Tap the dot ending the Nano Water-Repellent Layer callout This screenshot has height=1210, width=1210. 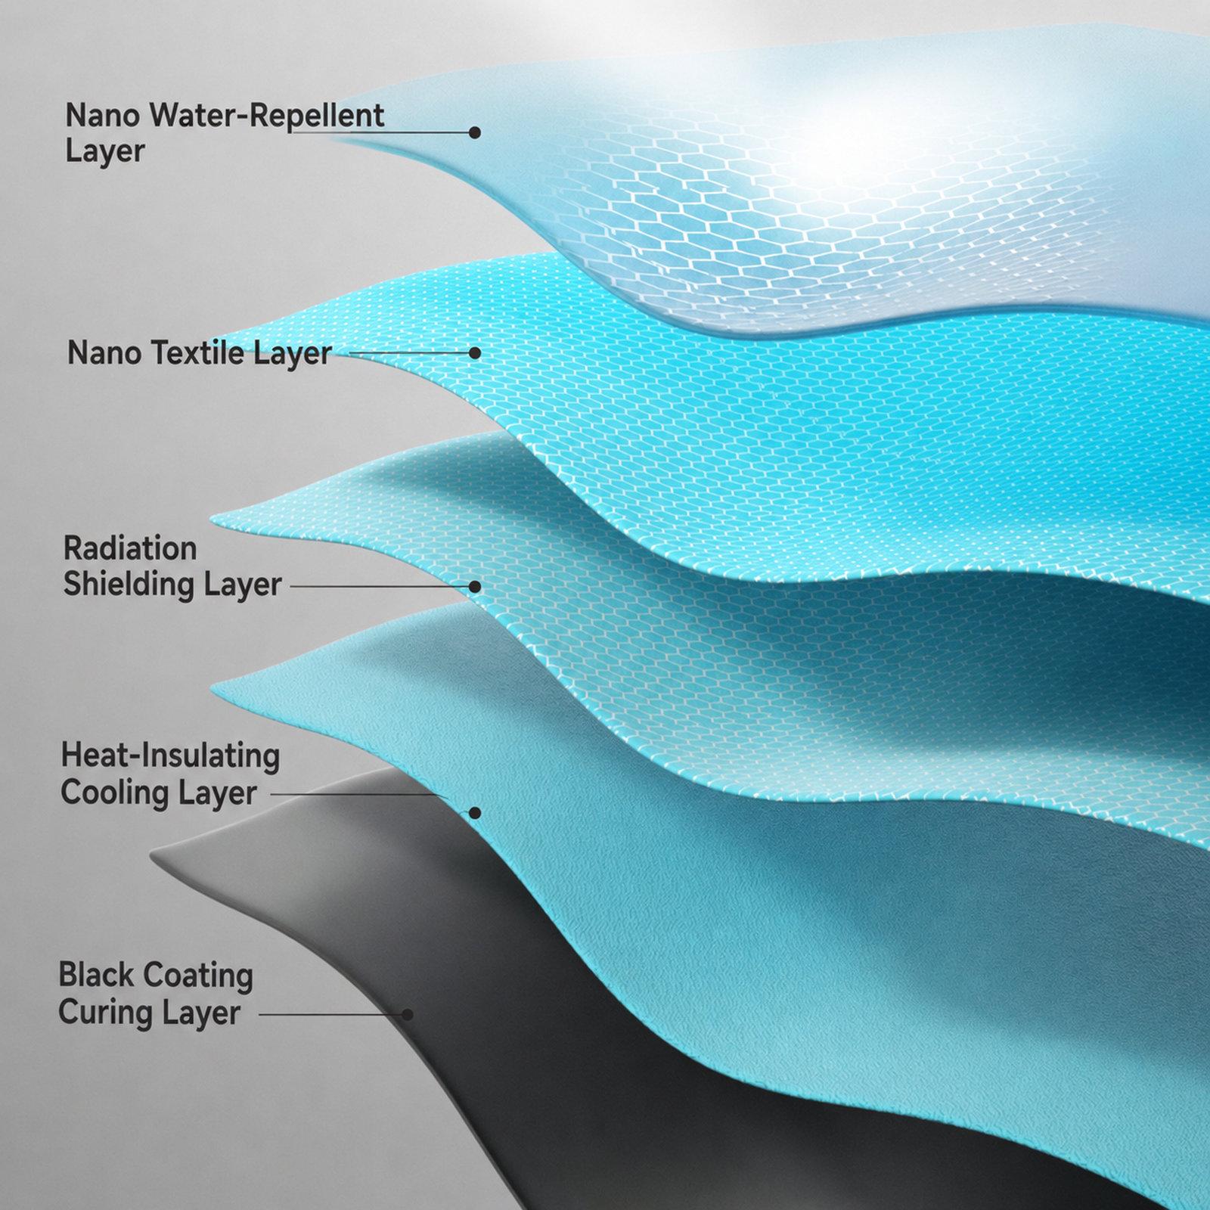[475, 132]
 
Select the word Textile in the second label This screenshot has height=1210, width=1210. [199, 353]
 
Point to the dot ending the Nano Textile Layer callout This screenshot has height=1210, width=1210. [475, 352]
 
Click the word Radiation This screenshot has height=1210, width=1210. [130, 548]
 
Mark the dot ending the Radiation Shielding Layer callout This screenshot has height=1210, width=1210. [475, 586]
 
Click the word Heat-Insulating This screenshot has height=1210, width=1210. [170, 756]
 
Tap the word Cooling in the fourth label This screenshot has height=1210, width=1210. [116, 793]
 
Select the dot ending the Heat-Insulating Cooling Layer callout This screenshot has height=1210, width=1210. [475, 813]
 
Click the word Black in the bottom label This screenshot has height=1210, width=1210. [92, 976]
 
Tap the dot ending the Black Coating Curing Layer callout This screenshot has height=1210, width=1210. [407, 1014]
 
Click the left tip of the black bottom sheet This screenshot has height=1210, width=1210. [151, 855]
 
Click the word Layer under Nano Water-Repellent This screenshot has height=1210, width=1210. [104, 150]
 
